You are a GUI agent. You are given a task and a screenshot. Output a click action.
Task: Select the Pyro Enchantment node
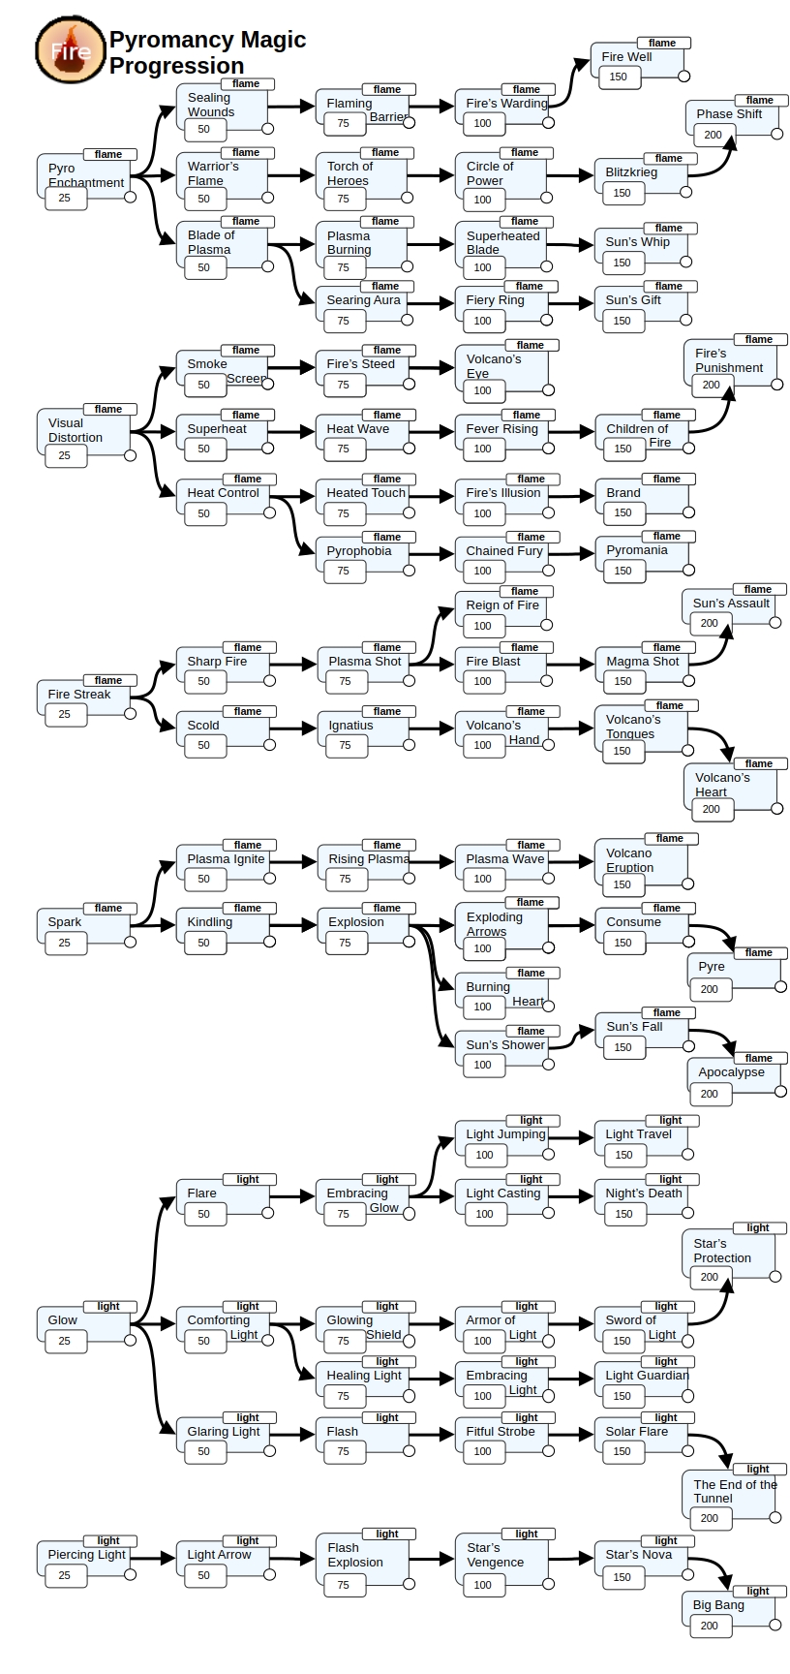click(x=84, y=179)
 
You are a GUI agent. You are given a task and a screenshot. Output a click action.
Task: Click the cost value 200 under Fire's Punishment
click(x=712, y=385)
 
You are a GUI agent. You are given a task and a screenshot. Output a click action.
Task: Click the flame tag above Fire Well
click(x=662, y=43)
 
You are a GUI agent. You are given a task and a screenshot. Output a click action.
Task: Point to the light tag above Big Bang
click(x=758, y=1591)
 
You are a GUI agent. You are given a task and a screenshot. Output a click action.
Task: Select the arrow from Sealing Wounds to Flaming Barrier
click(x=291, y=107)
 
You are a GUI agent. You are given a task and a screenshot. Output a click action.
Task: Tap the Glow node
click(x=84, y=1327)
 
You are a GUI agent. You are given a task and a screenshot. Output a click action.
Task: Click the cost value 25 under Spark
click(x=64, y=943)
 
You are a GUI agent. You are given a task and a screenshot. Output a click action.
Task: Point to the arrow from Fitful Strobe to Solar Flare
click(x=572, y=1432)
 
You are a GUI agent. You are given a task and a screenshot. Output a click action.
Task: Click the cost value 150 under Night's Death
click(x=623, y=1214)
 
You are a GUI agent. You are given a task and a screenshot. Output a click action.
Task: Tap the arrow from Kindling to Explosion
click(x=293, y=925)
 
